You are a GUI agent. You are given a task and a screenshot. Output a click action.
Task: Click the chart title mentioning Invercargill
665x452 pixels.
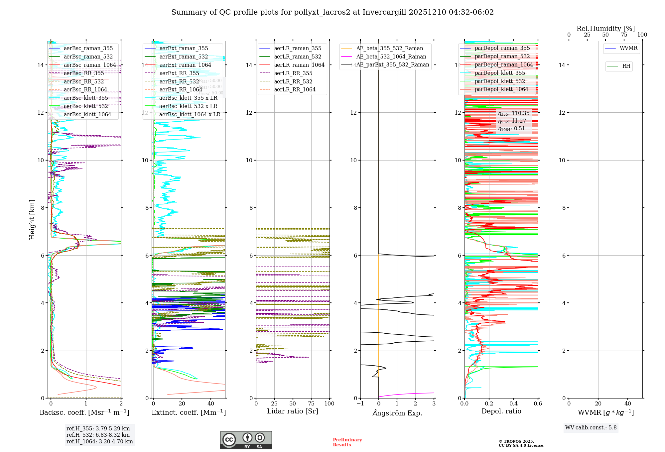coord(332,12)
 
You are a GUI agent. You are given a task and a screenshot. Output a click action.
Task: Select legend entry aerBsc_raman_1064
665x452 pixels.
coord(90,65)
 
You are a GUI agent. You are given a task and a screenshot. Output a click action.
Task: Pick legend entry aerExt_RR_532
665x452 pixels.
coord(179,81)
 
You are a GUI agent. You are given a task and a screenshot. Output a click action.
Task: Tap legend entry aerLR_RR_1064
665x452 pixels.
coord(295,89)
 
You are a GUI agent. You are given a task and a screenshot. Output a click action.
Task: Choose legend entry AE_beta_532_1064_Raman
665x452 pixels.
coord(391,56)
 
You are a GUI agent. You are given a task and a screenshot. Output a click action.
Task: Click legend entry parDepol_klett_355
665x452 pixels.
coord(500,73)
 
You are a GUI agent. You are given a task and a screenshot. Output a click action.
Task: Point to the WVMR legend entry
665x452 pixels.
coord(628,48)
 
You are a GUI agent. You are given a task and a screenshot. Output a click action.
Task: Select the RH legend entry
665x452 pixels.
coord(626,66)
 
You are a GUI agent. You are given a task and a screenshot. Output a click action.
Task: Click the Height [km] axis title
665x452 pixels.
coord(32,220)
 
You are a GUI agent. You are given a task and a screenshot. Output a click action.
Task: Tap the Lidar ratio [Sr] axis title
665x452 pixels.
coord(293,411)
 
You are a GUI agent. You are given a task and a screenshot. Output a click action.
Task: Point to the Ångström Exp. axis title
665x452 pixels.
coord(397,413)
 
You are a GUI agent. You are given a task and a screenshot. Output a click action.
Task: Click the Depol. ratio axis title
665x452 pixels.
coord(501,411)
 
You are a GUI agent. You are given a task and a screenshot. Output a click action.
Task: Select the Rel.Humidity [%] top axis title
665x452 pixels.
coord(605,29)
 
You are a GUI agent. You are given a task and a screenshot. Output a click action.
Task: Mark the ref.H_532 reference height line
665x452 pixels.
coord(98,435)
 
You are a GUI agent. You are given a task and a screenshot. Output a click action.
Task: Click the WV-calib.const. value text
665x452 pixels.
coord(591,428)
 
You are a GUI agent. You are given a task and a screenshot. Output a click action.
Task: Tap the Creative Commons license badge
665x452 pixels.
coord(246,440)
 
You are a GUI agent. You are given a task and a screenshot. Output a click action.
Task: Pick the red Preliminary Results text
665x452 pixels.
coord(347,442)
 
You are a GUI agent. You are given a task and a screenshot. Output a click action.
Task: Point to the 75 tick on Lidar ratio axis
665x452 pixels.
coord(311,403)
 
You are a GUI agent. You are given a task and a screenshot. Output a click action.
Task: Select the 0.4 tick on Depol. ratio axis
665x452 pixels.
coord(514,403)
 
